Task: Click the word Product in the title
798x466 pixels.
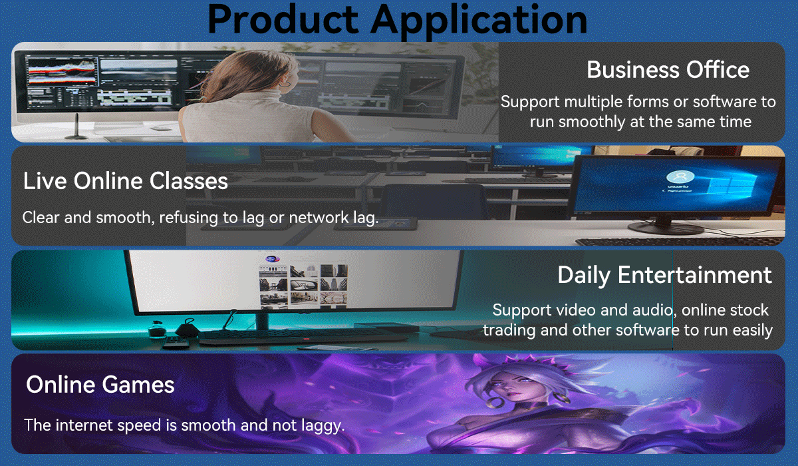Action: pyautogui.click(x=283, y=19)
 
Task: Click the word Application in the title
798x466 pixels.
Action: pyautogui.click(x=479, y=21)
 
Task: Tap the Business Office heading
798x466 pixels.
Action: pyautogui.click(x=668, y=69)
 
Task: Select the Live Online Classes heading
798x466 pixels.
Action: pyautogui.click(x=126, y=181)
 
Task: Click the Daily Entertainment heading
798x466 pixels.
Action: pyautogui.click(x=665, y=275)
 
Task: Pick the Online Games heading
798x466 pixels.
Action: pyautogui.click(x=100, y=384)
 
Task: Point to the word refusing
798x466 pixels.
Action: pyautogui.click(x=188, y=218)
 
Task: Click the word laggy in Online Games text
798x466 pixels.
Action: pyautogui.click(x=321, y=425)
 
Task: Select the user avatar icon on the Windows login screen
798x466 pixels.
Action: pyautogui.click(x=680, y=177)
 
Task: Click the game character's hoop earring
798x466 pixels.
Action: pyautogui.click(x=495, y=403)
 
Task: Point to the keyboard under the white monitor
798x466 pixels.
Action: pyautogui.click(x=303, y=336)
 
